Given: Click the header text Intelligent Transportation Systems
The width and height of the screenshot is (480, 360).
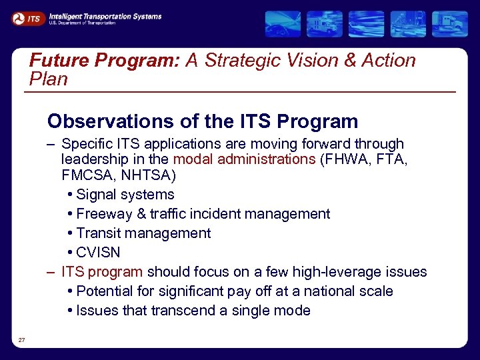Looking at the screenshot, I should click(x=105, y=16).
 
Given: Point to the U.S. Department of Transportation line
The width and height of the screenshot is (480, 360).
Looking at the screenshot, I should click(x=82, y=23).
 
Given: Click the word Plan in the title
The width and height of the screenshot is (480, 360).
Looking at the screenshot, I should click(x=49, y=79).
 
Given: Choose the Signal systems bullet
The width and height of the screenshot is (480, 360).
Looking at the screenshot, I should click(x=125, y=195).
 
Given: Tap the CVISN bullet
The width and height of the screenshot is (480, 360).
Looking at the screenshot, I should click(x=98, y=253).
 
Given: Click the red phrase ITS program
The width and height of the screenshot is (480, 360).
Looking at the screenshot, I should click(x=102, y=272).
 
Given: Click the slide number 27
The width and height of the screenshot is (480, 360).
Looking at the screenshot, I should click(x=22, y=341).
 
